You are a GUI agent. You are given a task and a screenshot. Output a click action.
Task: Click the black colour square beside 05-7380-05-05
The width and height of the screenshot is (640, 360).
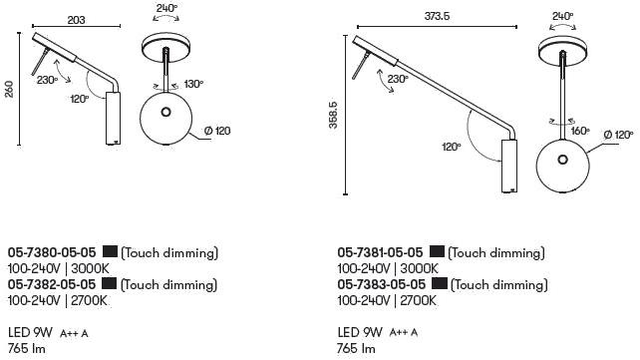[111, 253]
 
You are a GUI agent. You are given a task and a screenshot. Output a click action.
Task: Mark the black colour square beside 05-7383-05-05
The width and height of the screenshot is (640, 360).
[440, 284]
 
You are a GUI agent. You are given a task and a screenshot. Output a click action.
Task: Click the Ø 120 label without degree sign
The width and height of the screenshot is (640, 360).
[217, 132]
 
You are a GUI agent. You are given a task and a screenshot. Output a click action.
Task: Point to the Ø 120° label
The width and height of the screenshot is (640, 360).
[617, 136]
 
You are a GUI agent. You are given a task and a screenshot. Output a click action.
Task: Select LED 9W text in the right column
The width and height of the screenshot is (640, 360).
[360, 332]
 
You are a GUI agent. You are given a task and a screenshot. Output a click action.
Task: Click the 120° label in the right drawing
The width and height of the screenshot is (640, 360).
[453, 146]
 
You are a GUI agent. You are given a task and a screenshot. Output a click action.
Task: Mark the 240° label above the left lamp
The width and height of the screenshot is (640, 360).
[167, 9]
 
